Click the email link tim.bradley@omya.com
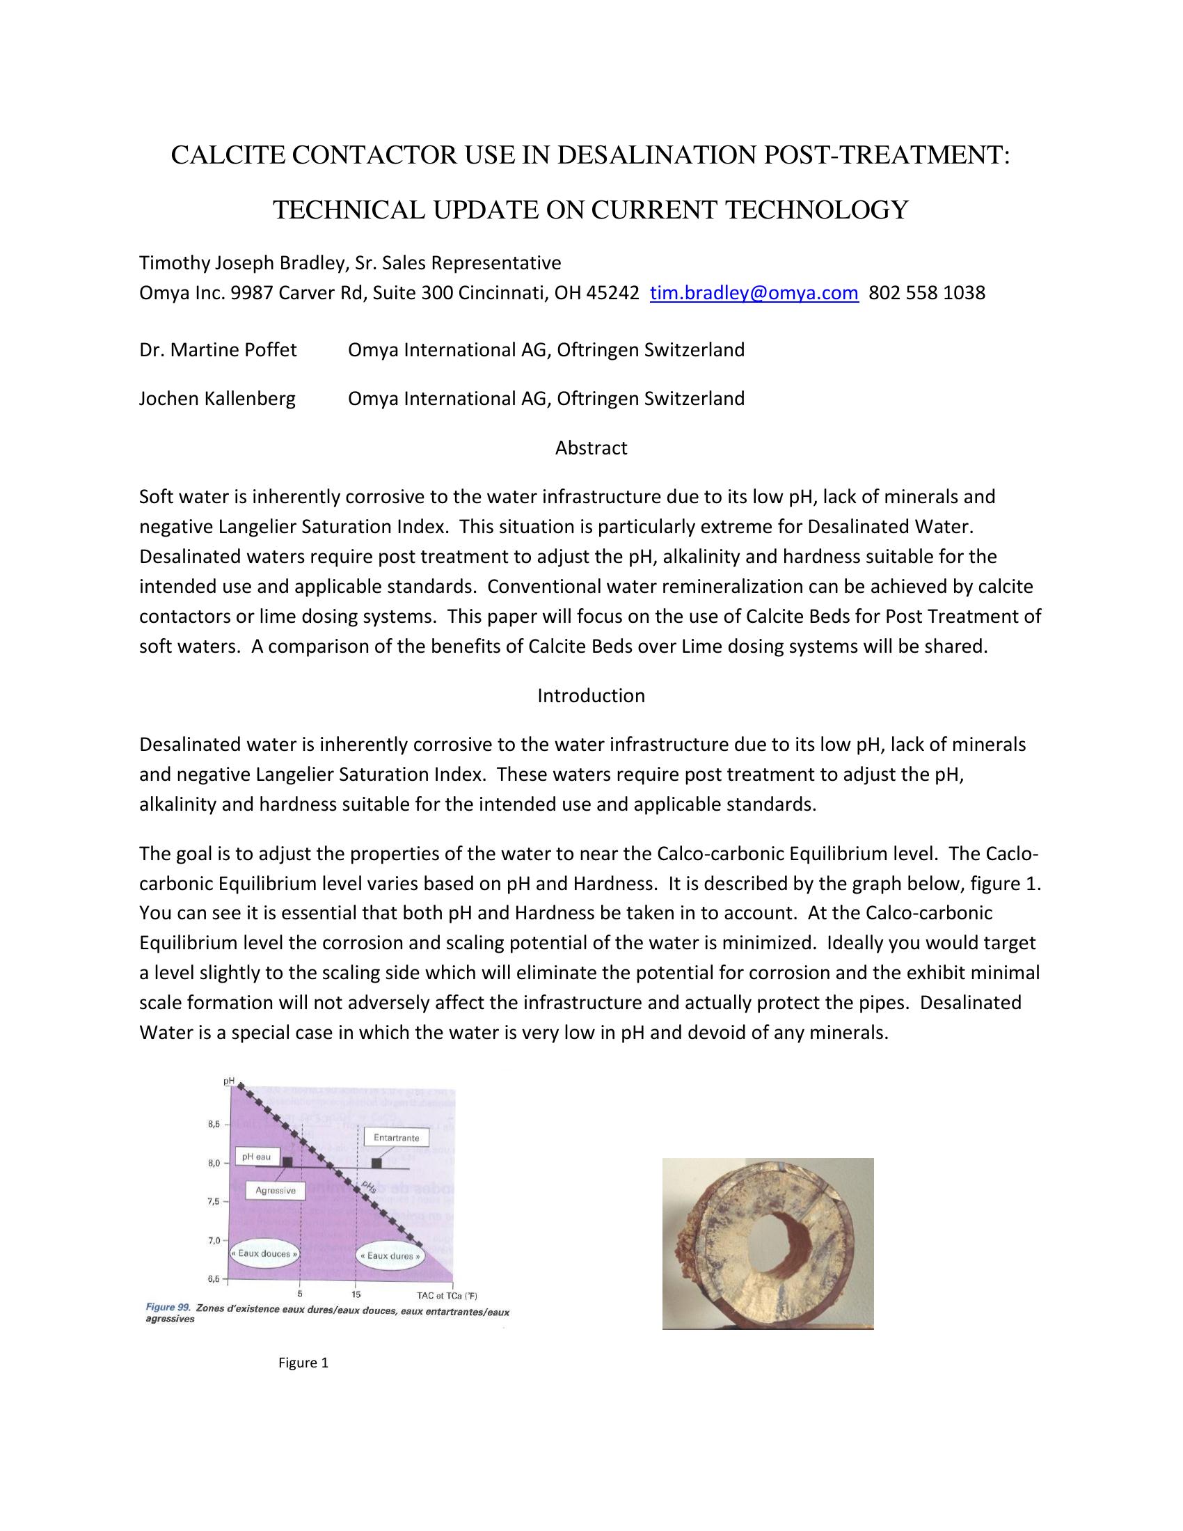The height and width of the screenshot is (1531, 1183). tap(754, 292)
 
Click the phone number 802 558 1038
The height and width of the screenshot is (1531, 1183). tap(926, 292)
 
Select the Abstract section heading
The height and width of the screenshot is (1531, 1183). tap(591, 448)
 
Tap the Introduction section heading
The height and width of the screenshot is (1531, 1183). tap(591, 695)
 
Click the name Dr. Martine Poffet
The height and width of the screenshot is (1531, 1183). tap(218, 349)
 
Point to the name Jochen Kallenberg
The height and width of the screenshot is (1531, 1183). tap(217, 399)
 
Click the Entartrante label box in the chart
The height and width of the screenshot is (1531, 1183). tap(396, 1137)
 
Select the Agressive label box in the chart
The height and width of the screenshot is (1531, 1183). tap(276, 1190)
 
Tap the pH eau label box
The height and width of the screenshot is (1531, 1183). tap(257, 1157)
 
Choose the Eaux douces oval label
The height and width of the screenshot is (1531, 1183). tap(264, 1253)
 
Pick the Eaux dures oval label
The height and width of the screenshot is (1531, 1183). tap(390, 1255)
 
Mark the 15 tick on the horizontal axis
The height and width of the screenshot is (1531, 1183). tap(357, 1294)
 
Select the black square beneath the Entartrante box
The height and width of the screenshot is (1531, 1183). tap(376, 1163)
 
